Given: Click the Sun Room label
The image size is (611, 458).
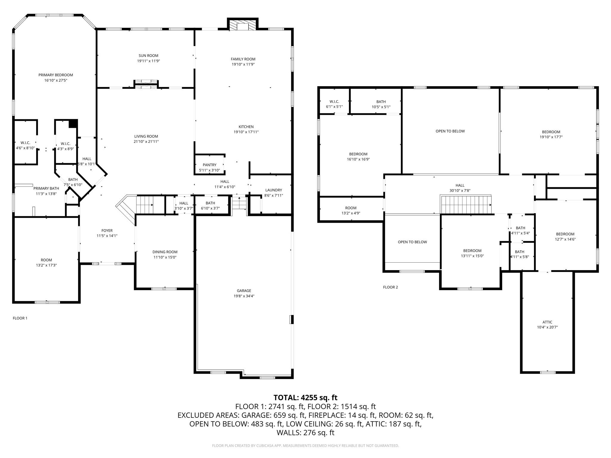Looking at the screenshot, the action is pyautogui.click(x=148, y=55).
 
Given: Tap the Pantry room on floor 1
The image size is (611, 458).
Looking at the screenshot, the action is pyautogui.click(x=209, y=165).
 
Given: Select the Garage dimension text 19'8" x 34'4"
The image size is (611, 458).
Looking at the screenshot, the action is pyautogui.click(x=244, y=296).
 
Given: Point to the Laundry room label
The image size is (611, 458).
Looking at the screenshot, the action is pyautogui.click(x=274, y=190).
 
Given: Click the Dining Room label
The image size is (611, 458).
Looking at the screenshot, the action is pyautogui.click(x=165, y=252).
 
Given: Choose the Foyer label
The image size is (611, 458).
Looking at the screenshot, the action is pyautogui.click(x=107, y=230).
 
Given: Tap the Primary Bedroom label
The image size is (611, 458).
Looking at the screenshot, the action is pyautogui.click(x=56, y=75).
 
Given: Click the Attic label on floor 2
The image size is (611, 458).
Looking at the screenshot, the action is pyautogui.click(x=547, y=322).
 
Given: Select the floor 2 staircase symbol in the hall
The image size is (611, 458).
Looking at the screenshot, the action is pyautogui.click(x=466, y=205).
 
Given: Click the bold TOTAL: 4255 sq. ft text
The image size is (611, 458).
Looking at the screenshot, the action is pyautogui.click(x=305, y=397).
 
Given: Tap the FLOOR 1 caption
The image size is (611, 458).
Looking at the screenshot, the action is pyautogui.click(x=20, y=318).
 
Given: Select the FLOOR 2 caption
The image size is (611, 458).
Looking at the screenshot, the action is pyautogui.click(x=391, y=287).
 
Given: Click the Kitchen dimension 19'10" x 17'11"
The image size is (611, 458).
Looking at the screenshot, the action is pyautogui.click(x=246, y=132).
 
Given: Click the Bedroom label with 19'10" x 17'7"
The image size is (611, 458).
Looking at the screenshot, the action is pyautogui.click(x=551, y=132).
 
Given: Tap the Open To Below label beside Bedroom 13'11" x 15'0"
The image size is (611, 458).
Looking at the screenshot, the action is pyautogui.click(x=412, y=242).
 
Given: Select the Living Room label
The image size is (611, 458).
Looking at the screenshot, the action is pyautogui.click(x=146, y=136).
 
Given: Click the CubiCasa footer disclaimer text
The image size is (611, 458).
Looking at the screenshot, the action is pyautogui.click(x=305, y=446).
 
